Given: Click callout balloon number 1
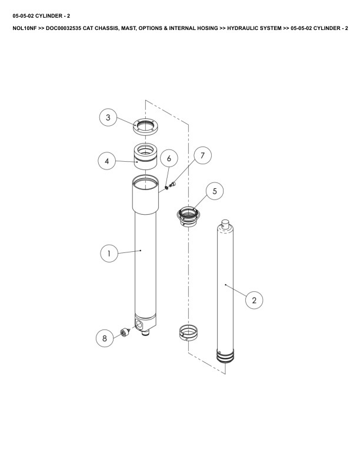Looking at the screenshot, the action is (x=109, y=253).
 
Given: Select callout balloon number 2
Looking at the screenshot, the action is (x=254, y=300).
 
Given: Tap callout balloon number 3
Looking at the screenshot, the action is (x=108, y=118).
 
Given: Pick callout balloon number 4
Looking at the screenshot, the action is (x=107, y=161).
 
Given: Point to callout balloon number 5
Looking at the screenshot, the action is (x=215, y=191).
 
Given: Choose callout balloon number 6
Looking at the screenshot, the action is (x=169, y=158).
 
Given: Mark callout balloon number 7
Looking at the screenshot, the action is (x=202, y=155).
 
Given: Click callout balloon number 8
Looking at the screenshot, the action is (x=105, y=338).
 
